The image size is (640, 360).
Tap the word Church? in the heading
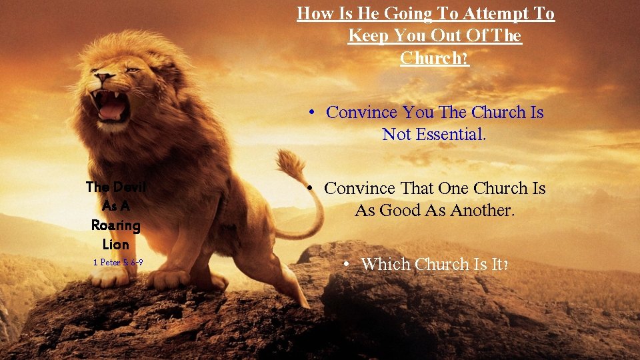point(435,58)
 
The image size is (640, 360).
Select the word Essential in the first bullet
point(451,135)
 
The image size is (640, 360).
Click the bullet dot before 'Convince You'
point(311,113)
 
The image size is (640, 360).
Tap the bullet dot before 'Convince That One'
point(310,189)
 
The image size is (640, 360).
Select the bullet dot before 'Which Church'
point(348,265)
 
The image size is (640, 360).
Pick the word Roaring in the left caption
point(115,225)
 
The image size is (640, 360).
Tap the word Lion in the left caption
point(115,244)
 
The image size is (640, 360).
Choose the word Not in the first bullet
point(397,135)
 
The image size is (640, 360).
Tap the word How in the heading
point(313,13)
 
